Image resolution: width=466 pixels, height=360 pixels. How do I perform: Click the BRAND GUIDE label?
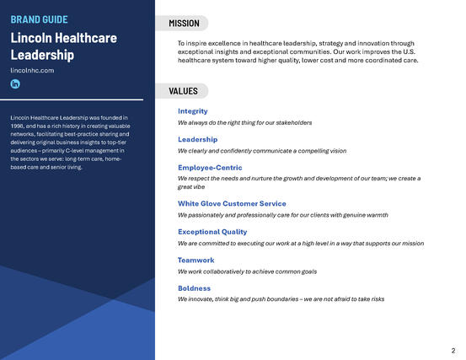pyautogui.click(x=39, y=19)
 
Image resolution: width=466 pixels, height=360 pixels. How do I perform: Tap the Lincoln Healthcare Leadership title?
pyautogui.click(x=63, y=46)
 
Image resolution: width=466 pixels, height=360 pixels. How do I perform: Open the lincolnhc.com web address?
pyautogui.click(x=32, y=70)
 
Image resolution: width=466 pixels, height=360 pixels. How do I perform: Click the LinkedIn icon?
pyautogui.click(x=15, y=84)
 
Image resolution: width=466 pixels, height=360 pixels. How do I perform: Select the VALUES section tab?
pyautogui.click(x=183, y=91)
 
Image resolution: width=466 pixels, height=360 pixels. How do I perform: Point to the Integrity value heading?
pyautogui.click(x=192, y=111)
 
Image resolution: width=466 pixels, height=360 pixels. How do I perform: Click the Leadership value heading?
pyautogui.click(x=197, y=140)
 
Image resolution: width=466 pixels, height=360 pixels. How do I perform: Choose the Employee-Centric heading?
pyautogui.click(x=210, y=168)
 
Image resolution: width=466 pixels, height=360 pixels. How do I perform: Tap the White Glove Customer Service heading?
pyautogui.click(x=232, y=204)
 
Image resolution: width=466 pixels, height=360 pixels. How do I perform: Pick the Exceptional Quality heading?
pyautogui.click(x=212, y=232)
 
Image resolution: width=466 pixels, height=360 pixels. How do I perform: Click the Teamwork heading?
pyautogui.click(x=196, y=261)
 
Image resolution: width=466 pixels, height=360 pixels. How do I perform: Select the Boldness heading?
pyautogui.click(x=194, y=288)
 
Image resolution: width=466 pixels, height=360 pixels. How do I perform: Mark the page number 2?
pyautogui.click(x=453, y=349)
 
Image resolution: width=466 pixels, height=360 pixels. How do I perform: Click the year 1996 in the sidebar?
pyautogui.click(x=20, y=126)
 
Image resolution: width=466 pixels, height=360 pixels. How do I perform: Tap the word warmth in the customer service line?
pyautogui.click(x=376, y=215)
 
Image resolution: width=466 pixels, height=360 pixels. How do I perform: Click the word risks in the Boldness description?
pyautogui.click(x=375, y=299)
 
